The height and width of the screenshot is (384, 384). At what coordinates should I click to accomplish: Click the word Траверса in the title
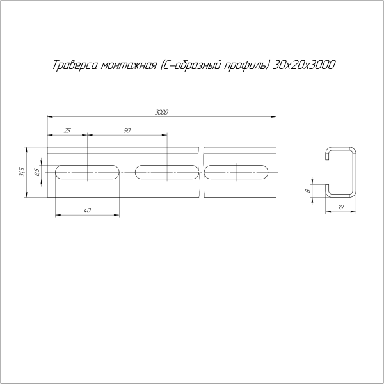click(72, 65)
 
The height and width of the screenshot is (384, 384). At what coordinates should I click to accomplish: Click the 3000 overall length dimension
click(161, 112)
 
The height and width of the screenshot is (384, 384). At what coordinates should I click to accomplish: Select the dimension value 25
click(68, 130)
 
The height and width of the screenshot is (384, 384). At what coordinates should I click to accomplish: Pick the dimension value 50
click(127, 130)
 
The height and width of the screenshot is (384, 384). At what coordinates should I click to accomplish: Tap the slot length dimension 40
click(87, 210)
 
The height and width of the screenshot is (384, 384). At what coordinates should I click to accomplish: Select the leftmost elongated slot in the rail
click(88, 172)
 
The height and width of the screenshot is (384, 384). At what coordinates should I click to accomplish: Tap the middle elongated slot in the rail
click(167, 172)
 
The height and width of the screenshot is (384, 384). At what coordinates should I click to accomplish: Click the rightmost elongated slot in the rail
click(239, 172)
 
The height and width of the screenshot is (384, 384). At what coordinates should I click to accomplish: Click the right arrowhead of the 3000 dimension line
click(276, 116)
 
